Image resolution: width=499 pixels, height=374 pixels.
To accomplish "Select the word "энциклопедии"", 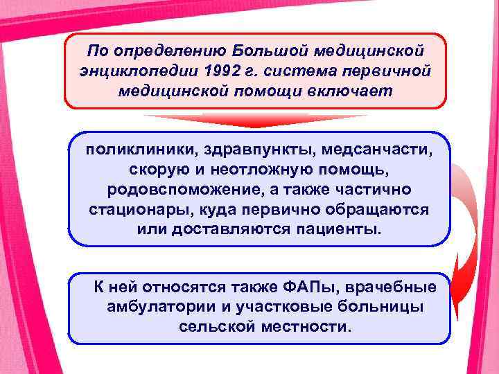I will pos(138,71).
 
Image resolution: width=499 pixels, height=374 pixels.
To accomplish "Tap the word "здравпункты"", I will pos(233,150).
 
